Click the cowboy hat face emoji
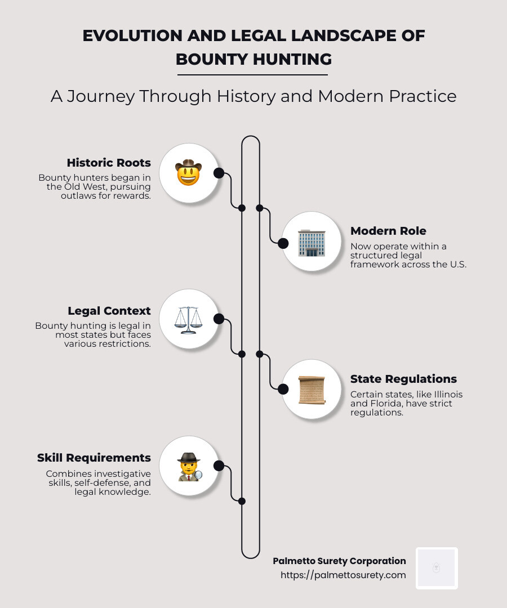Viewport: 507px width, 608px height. [x=188, y=172]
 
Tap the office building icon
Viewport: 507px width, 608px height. [x=312, y=243]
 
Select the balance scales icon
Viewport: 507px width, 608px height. [x=188, y=319]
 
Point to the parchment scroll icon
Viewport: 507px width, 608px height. [x=312, y=389]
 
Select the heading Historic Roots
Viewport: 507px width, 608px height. [x=109, y=163]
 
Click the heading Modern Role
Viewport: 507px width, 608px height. [x=388, y=231]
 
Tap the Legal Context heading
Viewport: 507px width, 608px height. [x=109, y=311]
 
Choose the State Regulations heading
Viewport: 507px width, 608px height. [x=403, y=379]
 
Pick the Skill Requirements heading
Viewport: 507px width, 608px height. [x=94, y=458]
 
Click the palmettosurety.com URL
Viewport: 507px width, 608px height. [x=343, y=575]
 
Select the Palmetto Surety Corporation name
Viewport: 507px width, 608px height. [x=339, y=561]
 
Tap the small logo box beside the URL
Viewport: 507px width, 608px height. [x=437, y=568]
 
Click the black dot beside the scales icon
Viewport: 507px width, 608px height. [x=219, y=319]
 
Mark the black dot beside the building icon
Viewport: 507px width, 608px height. [x=283, y=243]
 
